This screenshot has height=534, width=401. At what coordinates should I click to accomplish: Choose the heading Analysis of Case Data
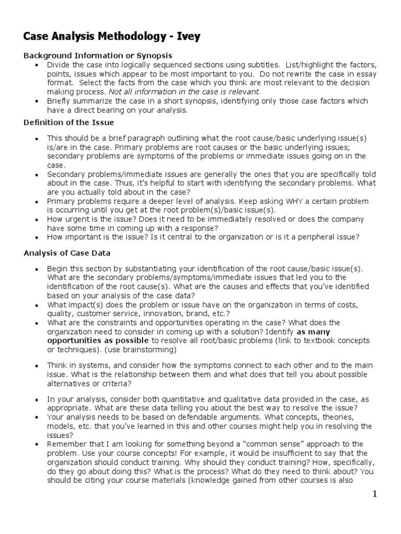point(67,253)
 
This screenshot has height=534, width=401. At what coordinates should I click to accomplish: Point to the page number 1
point(374,494)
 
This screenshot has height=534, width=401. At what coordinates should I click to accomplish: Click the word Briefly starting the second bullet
point(60,101)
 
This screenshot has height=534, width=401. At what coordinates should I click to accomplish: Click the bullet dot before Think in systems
point(36,366)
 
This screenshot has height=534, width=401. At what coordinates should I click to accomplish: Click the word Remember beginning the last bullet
point(65,444)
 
